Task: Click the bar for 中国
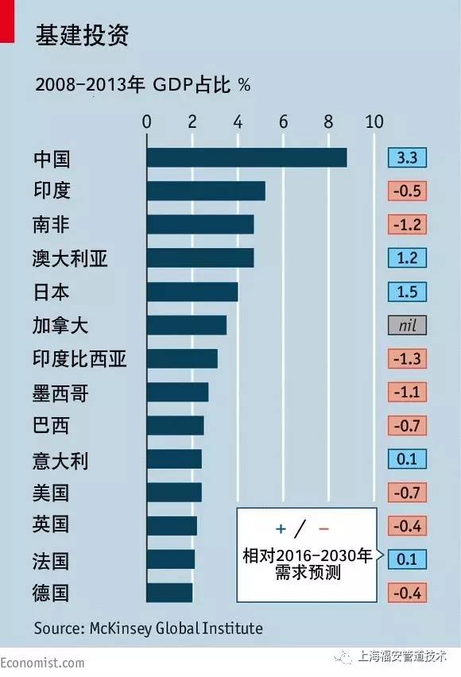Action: pos(246,157)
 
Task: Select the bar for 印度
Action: pos(206,191)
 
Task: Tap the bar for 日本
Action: pos(192,292)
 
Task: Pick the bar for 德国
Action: pos(169,593)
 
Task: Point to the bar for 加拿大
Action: pos(187,325)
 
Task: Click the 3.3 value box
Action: pos(407,157)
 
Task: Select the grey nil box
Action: pos(407,325)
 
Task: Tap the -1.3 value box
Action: pos(407,359)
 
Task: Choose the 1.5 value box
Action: pos(407,292)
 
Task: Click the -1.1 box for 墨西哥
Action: pos(407,392)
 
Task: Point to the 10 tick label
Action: pos(374,122)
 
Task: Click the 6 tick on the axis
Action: pos(284,122)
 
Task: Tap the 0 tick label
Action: pos(147,122)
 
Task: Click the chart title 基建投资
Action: pos(82,35)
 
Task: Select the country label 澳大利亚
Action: pos(70,258)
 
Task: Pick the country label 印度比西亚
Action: pos(79,359)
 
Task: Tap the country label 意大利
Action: pos(60,460)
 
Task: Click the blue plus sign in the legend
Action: pos(281,528)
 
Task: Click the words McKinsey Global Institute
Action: pos(176,629)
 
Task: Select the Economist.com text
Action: pos(42,663)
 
